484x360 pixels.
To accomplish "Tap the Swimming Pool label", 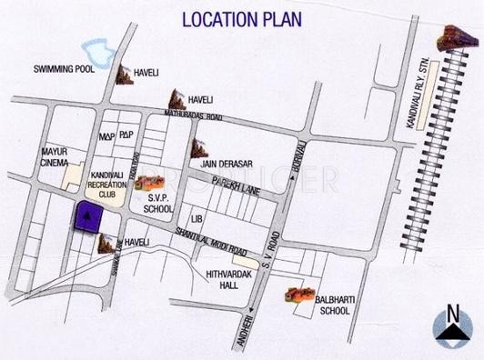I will point(64,69).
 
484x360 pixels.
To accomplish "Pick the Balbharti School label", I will point(335,303).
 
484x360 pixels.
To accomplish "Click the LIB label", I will point(195,220).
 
